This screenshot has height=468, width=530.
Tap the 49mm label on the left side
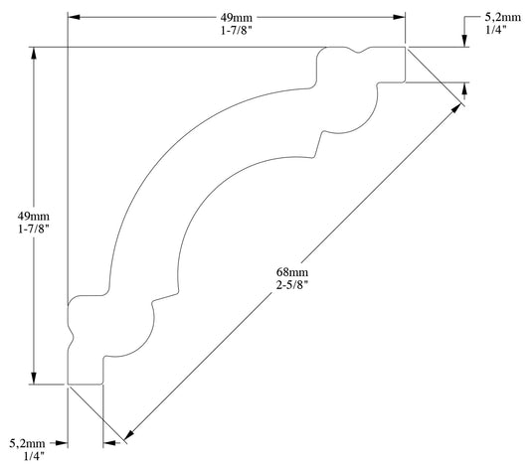click(34, 216)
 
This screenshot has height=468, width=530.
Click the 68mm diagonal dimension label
click(292, 271)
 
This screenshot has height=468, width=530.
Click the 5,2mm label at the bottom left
click(27, 443)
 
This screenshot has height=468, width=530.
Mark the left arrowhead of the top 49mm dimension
click(74, 18)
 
